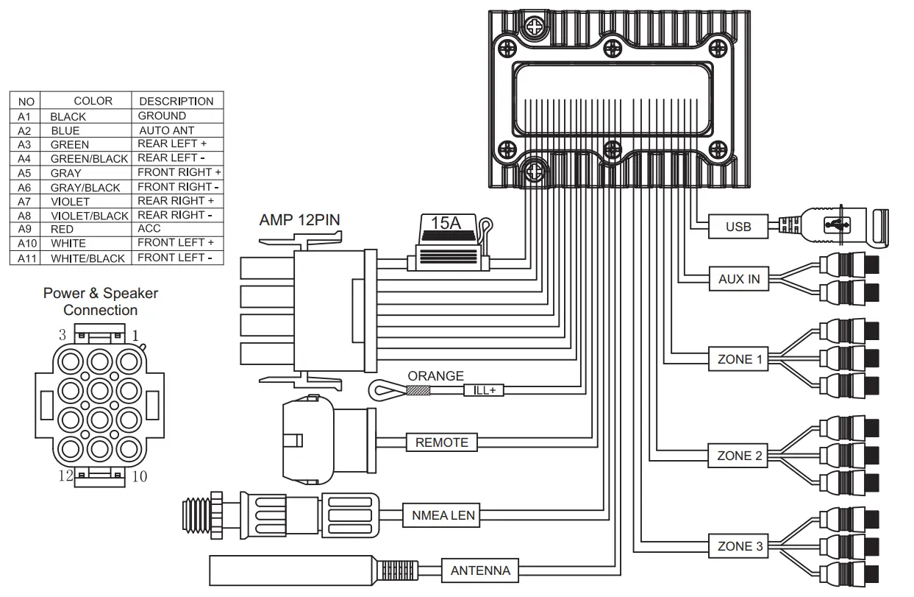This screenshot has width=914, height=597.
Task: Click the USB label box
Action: (738, 226)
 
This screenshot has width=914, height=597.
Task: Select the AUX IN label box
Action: (739, 279)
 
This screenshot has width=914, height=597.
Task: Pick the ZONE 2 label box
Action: (739, 456)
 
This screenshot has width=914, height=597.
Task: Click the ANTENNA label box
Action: (480, 570)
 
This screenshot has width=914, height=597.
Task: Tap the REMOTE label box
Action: (441, 442)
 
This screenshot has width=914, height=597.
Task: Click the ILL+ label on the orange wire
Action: (484, 391)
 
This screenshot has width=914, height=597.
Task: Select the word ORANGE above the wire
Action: (435, 376)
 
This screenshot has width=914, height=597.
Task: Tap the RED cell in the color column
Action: (62, 230)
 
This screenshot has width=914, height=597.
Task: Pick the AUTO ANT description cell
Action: (167, 130)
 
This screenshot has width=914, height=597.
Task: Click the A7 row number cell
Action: (25, 201)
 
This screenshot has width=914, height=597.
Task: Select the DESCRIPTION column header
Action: (176, 101)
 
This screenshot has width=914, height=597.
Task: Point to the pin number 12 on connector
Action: (66, 476)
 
